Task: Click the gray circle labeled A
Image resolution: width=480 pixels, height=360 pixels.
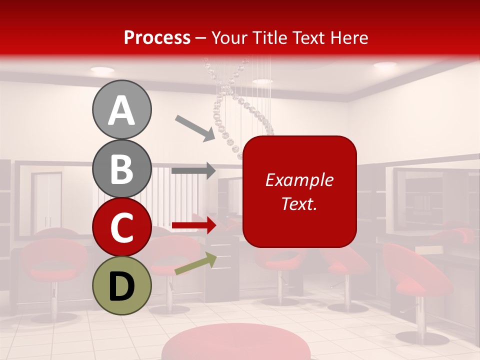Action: coord(121,110)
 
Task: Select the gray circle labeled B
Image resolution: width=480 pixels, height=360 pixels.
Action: coord(121,168)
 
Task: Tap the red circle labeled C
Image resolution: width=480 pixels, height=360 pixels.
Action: coord(121,227)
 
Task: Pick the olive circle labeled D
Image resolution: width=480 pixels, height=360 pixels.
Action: coord(121,285)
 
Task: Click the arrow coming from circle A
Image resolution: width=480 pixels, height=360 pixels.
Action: coord(195,127)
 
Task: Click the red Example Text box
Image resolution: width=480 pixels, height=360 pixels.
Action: coord(299,191)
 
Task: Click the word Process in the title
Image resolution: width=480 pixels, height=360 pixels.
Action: coord(157,37)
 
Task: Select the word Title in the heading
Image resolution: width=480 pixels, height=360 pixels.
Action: coord(274,37)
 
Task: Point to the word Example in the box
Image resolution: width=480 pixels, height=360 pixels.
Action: coord(299,180)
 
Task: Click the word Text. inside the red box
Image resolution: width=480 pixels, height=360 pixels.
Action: coord(299,204)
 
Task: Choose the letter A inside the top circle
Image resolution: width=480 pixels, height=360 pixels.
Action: coord(121,110)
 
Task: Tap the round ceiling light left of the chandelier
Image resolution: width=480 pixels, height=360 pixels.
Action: coord(102,70)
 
